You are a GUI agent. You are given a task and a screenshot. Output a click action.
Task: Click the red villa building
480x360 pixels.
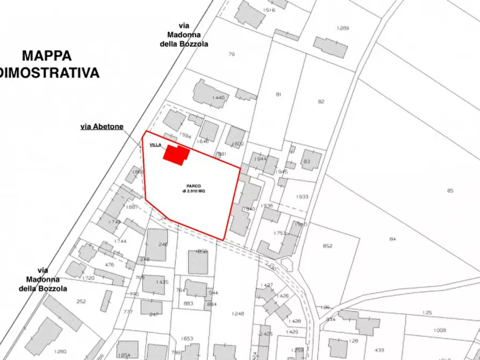[x=176, y=154]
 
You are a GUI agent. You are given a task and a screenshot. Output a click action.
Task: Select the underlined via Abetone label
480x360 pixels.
[x=102, y=127]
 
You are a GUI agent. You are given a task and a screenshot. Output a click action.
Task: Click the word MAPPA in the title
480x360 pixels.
[x=47, y=55]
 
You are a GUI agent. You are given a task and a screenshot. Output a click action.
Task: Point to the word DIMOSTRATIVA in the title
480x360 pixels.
[x=50, y=73]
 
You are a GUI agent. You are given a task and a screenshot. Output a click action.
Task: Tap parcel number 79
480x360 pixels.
[x=232, y=54]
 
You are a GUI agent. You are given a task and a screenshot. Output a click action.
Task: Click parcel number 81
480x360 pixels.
[x=278, y=95]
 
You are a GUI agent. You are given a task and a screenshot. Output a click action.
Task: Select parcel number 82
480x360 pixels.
[x=321, y=101]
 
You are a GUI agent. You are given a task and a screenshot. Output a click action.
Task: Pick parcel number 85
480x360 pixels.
[x=450, y=190]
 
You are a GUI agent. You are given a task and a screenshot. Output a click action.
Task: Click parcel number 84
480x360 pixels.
[x=392, y=239]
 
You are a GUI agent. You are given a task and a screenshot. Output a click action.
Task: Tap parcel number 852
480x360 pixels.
[x=327, y=246]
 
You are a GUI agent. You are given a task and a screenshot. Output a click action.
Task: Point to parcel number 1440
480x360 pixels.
[x=218, y=97]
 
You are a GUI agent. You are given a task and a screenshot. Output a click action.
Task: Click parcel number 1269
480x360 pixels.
[x=343, y=28]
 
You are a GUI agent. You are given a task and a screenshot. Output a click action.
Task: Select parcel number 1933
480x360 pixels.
[x=302, y=197]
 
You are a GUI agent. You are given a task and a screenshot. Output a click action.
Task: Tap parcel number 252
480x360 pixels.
[x=82, y=301]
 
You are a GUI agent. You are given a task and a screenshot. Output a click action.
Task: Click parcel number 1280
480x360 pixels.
[x=60, y=351]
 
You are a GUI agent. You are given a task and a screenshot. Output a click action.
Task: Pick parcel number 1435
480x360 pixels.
[x=162, y=282]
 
